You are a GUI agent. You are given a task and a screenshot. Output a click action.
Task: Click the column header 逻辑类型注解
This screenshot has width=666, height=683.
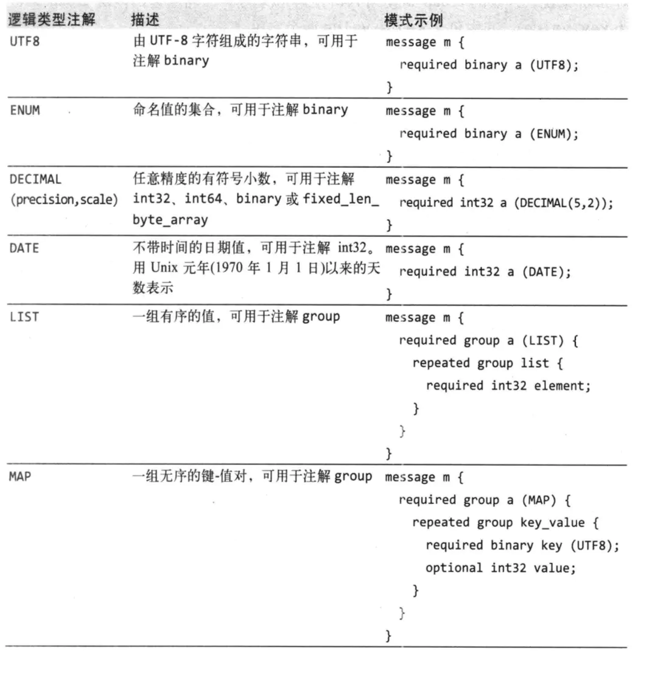[x=52, y=19]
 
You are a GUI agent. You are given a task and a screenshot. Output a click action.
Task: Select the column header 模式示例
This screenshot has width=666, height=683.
[x=413, y=20]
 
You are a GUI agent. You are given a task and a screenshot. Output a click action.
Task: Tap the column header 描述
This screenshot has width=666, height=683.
[x=145, y=20]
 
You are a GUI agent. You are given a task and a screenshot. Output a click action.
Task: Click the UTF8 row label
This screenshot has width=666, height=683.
[x=25, y=42]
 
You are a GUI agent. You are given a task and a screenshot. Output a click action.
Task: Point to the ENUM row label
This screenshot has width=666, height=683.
[x=25, y=110]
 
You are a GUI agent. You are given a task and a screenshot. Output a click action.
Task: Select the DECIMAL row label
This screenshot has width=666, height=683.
[x=35, y=179]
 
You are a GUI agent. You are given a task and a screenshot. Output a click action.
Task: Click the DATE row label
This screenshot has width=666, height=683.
[x=24, y=248]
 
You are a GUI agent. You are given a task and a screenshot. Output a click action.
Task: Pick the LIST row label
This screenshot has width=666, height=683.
[x=24, y=317]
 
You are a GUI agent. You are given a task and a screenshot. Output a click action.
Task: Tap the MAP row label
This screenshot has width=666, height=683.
[x=19, y=476]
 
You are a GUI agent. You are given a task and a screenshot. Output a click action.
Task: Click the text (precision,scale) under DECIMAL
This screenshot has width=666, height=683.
[x=63, y=200]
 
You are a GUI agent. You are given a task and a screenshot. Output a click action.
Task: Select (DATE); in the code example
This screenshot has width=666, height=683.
[x=547, y=271]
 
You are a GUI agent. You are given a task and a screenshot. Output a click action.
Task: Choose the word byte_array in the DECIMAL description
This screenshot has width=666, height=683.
[x=170, y=220]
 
